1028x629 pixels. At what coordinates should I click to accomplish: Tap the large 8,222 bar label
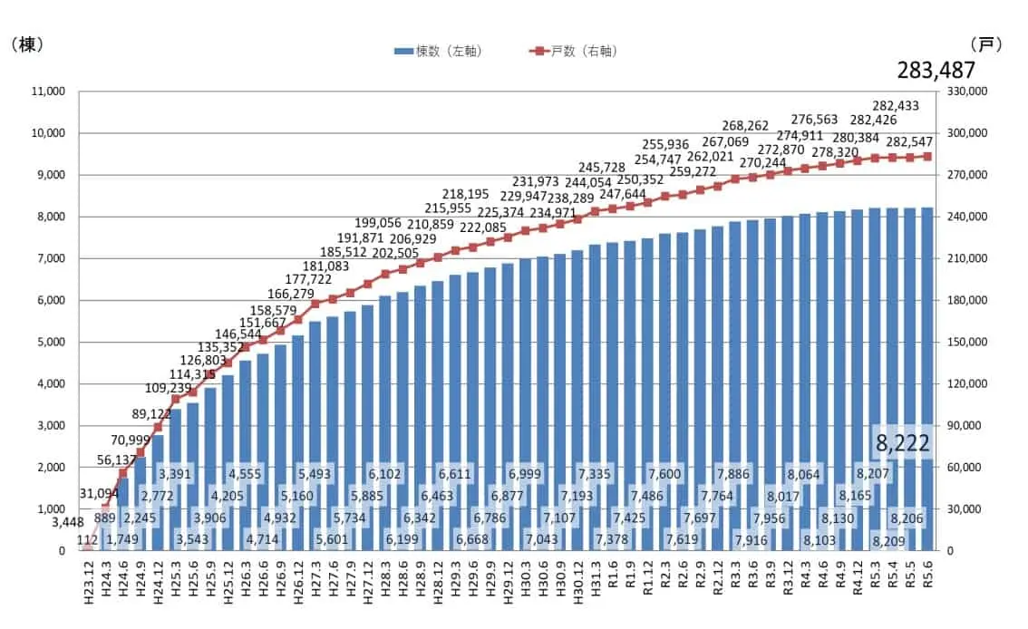[x=900, y=443]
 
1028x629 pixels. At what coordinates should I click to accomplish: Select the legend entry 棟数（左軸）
[x=439, y=52]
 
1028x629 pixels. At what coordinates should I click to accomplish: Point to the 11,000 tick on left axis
[x=45, y=92]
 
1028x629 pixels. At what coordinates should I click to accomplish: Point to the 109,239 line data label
[x=144, y=388]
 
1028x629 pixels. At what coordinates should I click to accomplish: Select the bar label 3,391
[x=175, y=473]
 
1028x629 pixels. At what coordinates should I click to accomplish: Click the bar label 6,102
[x=385, y=473]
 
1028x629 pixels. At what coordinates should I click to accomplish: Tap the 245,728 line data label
[x=602, y=167]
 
